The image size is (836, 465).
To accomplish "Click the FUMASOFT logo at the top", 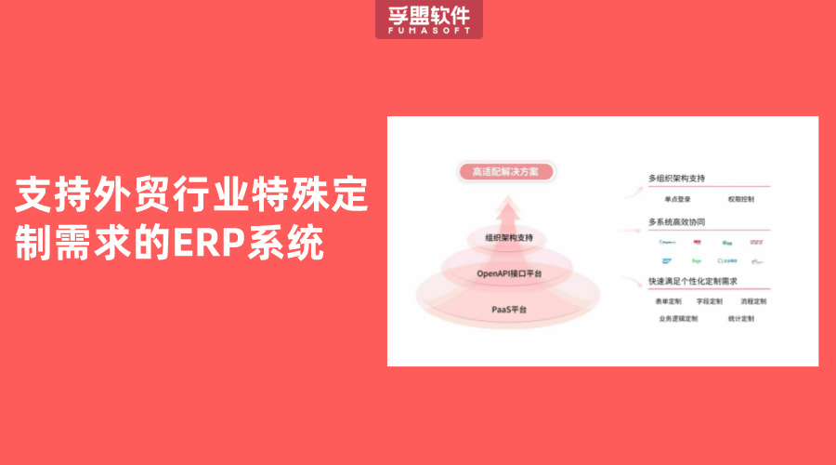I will click(423, 20).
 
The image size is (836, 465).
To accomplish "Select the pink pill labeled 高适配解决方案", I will click(507, 172).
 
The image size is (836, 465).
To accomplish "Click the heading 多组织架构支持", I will click(677, 178).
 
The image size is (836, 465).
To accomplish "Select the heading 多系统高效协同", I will click(677, 223).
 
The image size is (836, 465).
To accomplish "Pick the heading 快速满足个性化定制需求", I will click(691, 282).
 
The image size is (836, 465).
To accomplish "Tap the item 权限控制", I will click(741, 199).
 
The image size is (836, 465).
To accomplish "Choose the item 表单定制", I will click(668, 301).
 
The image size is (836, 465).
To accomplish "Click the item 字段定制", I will click(709, 301).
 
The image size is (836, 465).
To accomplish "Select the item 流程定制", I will click(753, 301).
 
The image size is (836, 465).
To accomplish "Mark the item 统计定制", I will click(741, 319).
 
